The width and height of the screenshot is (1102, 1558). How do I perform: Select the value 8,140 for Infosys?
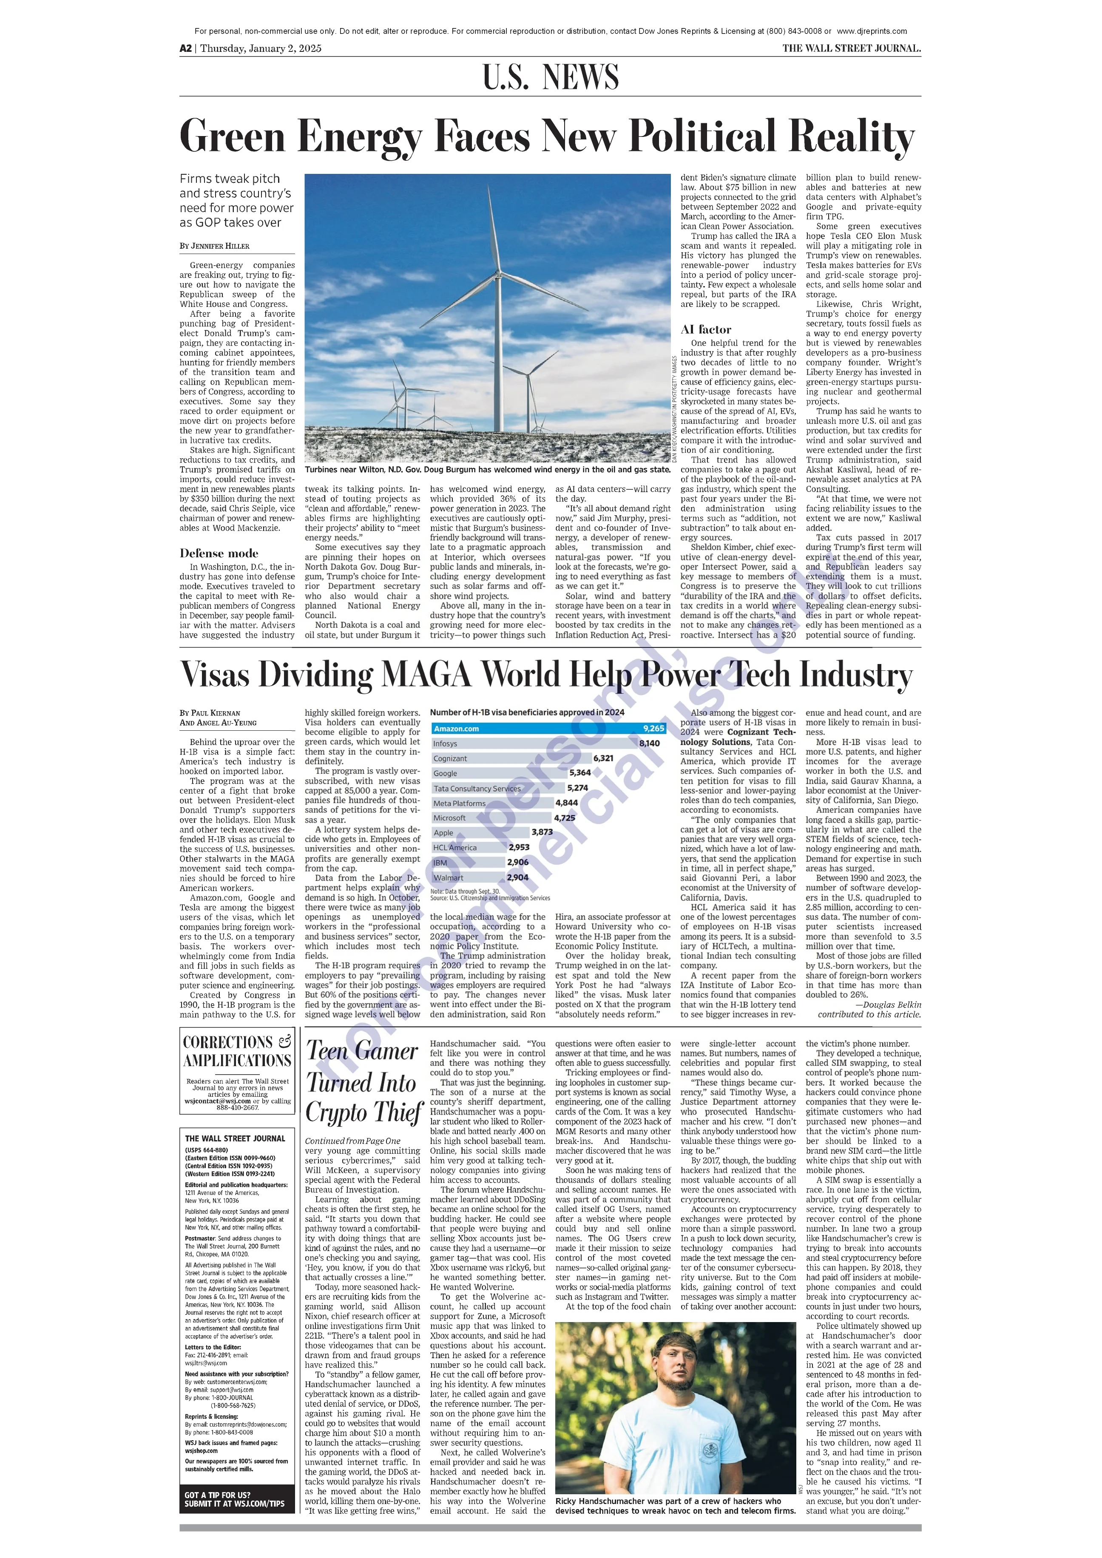pos(649,744)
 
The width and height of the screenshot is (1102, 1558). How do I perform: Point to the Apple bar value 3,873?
pos(542,832)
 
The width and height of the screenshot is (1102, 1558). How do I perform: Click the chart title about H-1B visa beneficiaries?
pos(527,712)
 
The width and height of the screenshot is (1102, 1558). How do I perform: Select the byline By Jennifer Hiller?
pos(214,246)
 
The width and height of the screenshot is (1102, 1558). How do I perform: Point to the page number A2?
pos(185,48)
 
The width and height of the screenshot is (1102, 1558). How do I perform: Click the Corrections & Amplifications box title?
pos(237,1051)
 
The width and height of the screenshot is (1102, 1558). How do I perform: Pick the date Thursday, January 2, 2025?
pos(261,48)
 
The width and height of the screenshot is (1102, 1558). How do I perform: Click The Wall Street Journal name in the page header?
pos(851,48)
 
